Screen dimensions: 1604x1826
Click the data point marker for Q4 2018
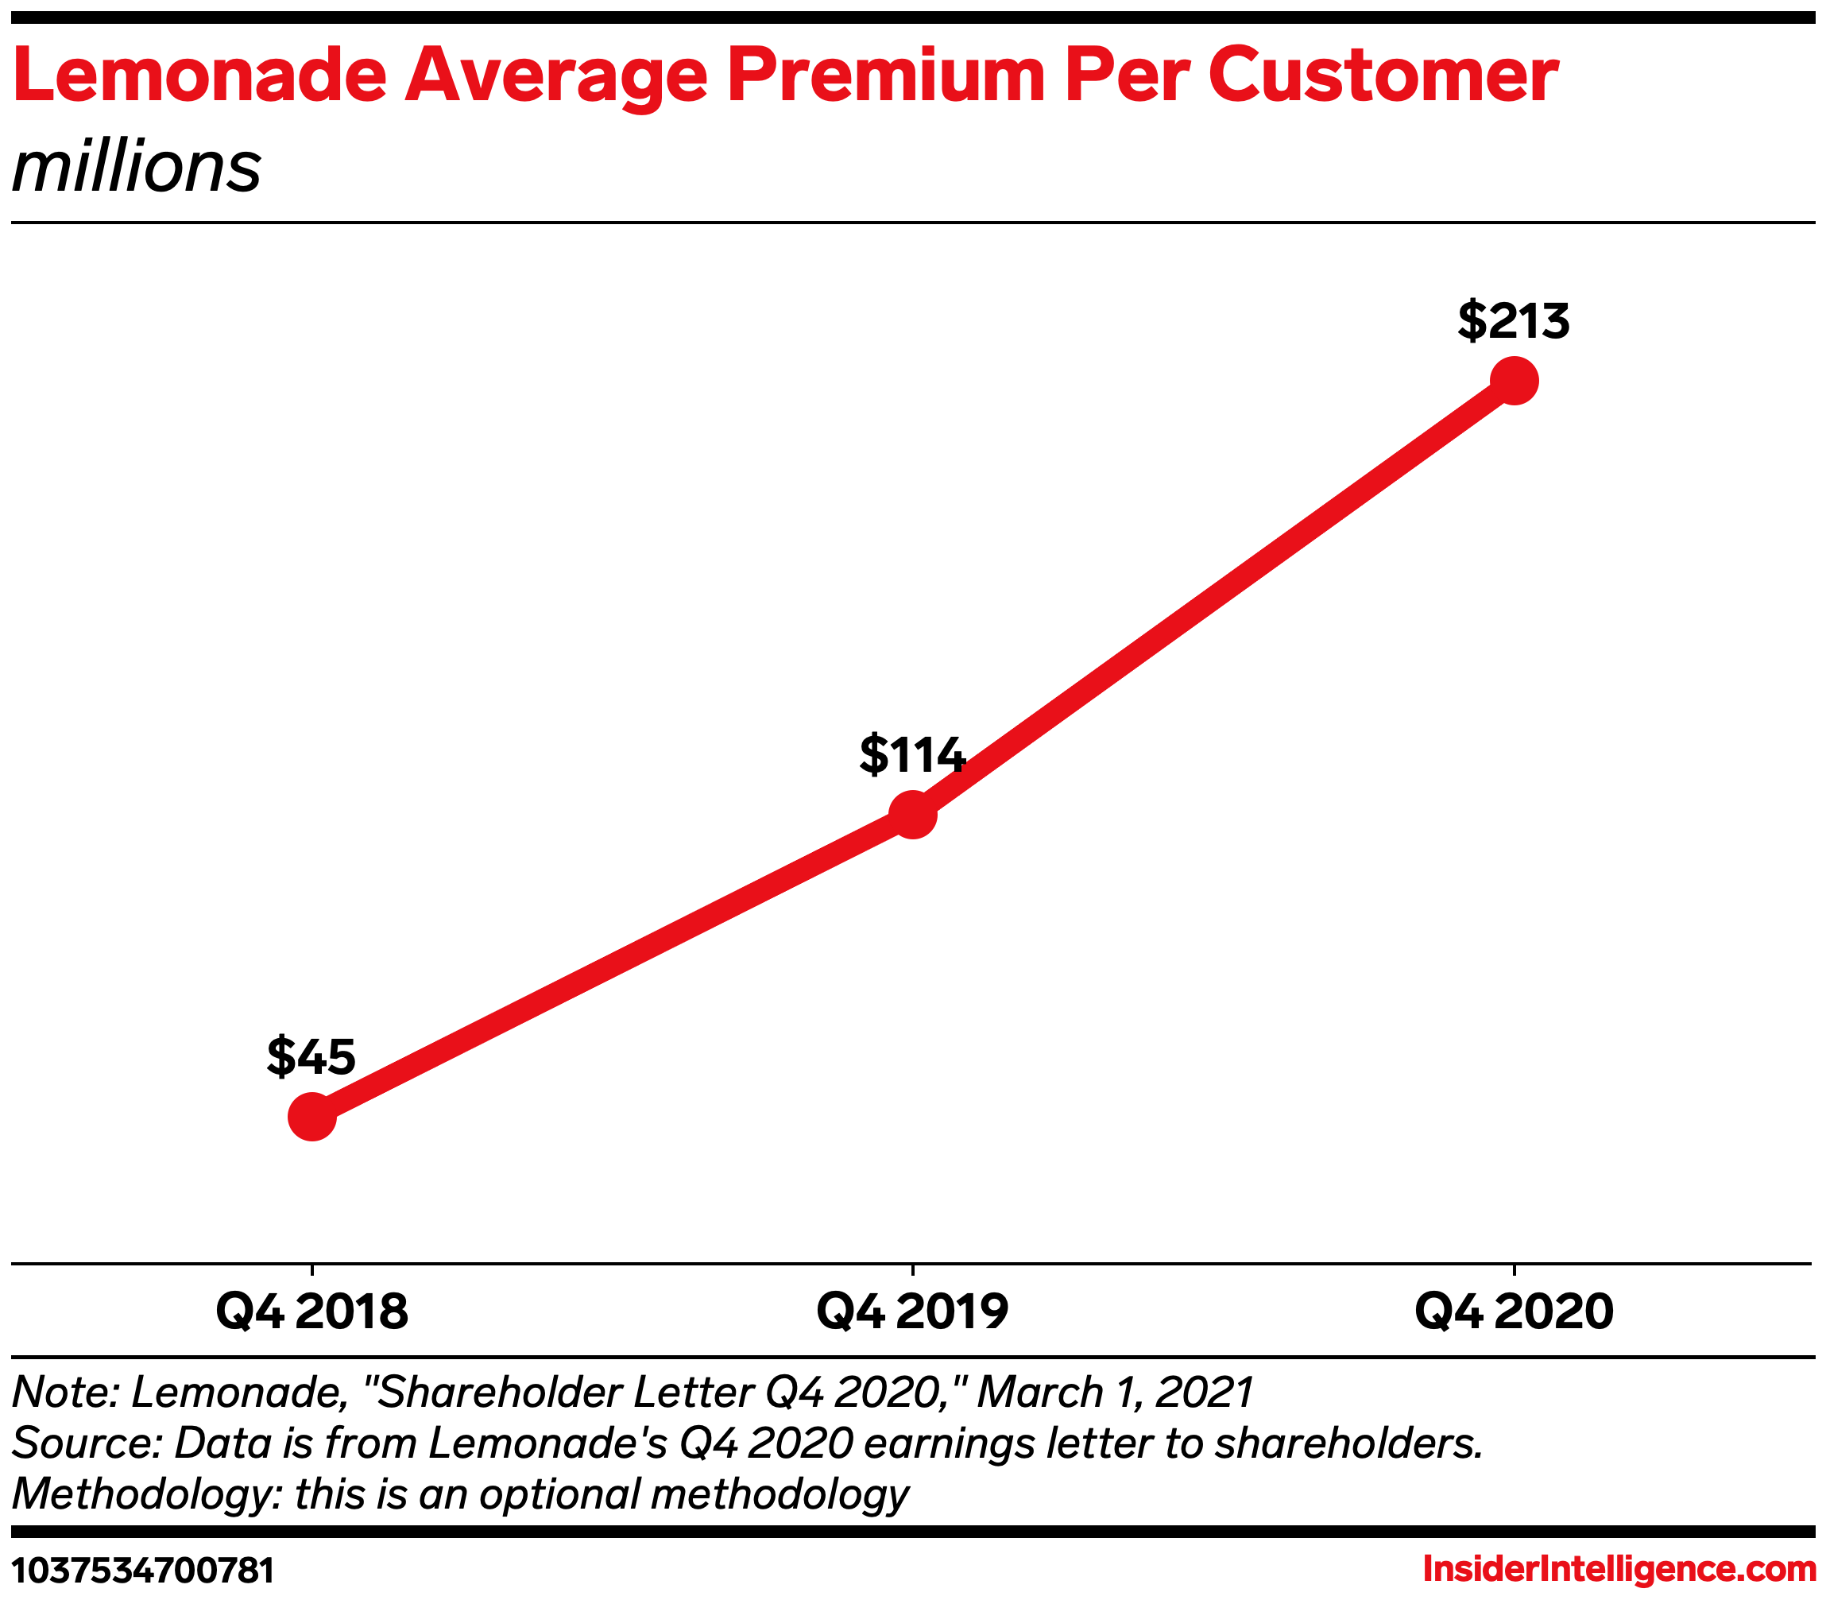pyautogui.click(x=311, y=1116)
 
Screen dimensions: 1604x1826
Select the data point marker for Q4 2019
pyautogui.click(x=912, y=814)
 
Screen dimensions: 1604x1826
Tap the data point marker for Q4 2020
pyautogui.click(x=1514, y=381)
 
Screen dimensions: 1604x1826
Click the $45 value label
pyautogui.click(x=311, y=1056)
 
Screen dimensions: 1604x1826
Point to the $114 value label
pyautogui.click(x=911, y=754)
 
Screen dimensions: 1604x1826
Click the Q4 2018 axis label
pyautogui.click(x=311, y=1311)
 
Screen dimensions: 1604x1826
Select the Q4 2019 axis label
pyautogui.click(x=912, y=1311)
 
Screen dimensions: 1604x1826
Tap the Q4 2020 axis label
pyautogui.click(x=1514, y=1311)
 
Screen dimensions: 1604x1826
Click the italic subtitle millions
pyautogui.click(x=136, y=168)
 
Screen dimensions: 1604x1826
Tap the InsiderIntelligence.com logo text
pyautogui.click(x=1619, y=1569)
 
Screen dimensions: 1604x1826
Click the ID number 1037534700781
pyautogui.click(x=143, y=1570)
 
